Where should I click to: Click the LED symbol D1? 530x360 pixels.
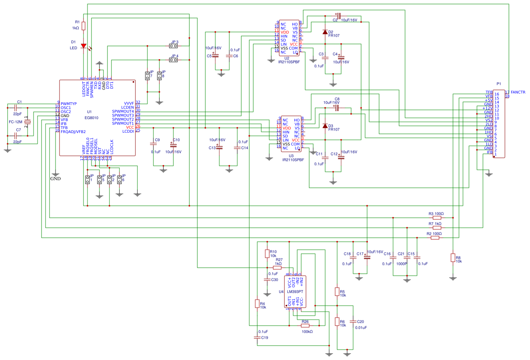click(83, 46)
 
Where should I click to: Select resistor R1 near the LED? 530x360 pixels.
click(83, 26)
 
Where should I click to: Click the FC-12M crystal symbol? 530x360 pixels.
click(28, 121)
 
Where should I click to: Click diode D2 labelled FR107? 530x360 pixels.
click(325, 32)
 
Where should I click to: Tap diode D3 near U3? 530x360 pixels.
click(325, 126)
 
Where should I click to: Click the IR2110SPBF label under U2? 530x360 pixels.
click(289, 62)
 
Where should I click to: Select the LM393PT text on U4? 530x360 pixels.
click(295, 291)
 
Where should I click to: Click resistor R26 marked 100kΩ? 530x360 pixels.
click(305, 326)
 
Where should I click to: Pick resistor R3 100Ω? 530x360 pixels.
click(437, 218)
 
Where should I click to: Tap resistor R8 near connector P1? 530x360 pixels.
click(453, 258)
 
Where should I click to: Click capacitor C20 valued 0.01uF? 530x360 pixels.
click(353, 321)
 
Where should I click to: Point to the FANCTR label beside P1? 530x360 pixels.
click(518, 92)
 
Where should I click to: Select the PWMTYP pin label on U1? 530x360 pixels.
click(69, 103)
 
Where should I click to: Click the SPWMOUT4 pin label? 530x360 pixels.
click(123, 111)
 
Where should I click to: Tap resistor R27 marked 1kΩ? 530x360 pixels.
click(277, 268)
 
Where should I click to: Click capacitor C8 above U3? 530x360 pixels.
click(336, 107)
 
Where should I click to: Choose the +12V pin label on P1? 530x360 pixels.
click(487, 108)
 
